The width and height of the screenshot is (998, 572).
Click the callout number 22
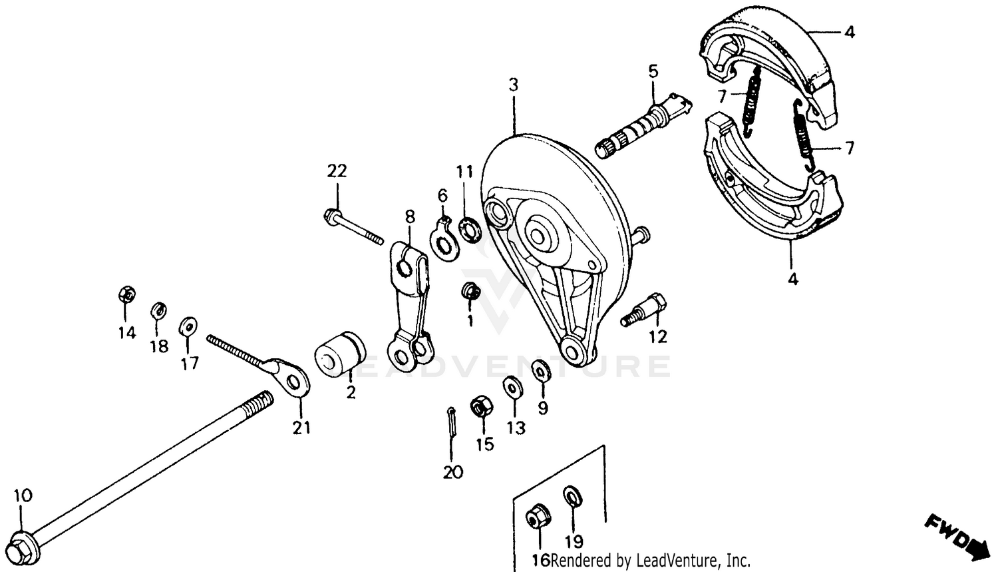coord(337,171)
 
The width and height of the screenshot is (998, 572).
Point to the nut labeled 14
coord(126,294)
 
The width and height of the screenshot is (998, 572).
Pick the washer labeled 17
coord(188,326)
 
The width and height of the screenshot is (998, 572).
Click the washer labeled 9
coord(541,370)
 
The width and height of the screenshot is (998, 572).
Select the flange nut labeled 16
coord(537,517)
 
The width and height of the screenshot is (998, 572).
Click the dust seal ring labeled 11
coord(468,229)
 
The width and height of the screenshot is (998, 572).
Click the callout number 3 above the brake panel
coord(513,85)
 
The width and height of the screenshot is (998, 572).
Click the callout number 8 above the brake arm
coord(410,216)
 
